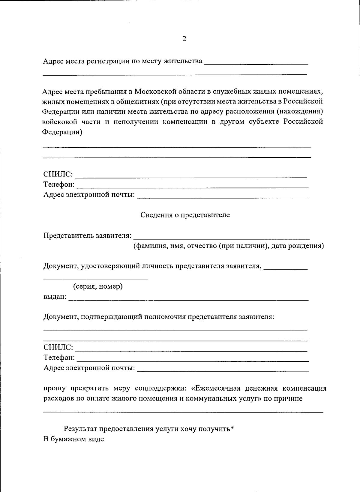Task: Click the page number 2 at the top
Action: click(184, 39)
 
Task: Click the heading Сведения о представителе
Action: click(185, 215)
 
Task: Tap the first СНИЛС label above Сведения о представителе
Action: click(58, 174)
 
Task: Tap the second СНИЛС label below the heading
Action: click(58, 347)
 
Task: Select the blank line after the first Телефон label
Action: click(192, 187)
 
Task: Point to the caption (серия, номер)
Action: click(98, 286)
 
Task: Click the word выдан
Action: click(55, 297)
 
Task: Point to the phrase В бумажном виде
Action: click(74, 439)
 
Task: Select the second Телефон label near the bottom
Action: click(59, 358)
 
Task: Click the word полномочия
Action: click(165, 317)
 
